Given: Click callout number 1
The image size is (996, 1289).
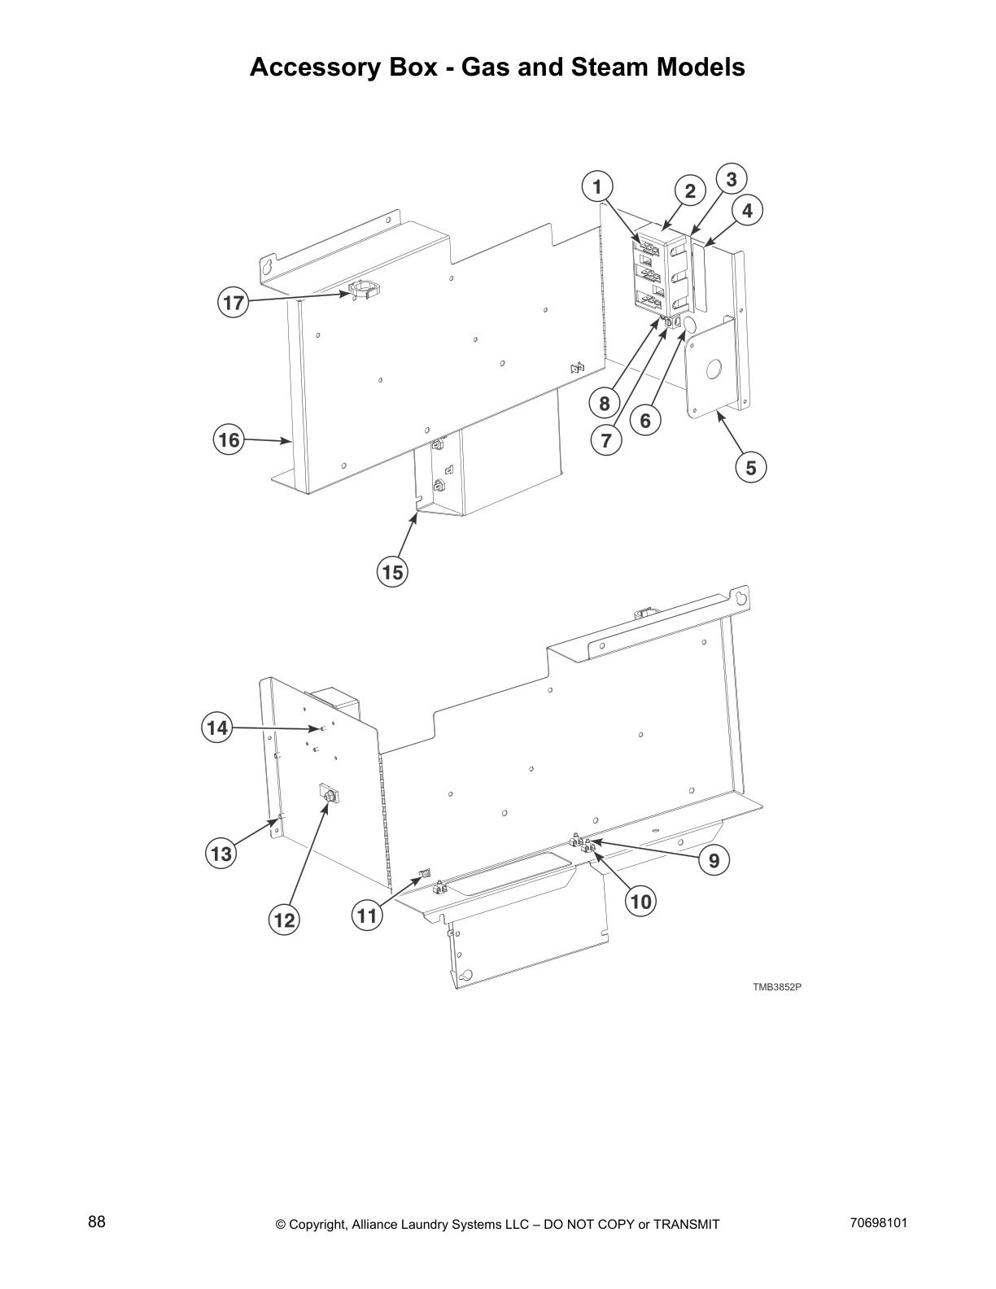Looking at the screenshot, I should [x=597, y=187].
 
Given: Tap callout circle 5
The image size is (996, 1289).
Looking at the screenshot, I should [x=751, y=468].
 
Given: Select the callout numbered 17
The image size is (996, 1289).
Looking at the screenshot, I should [x=233, y=304].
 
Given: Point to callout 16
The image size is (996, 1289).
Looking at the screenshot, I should [x=229, y=440].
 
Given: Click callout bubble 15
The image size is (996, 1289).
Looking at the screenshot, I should [x=392, y=572].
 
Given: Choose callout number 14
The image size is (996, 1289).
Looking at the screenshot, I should [x=216, y=728].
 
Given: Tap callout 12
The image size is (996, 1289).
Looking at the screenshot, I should [x=284, y=920].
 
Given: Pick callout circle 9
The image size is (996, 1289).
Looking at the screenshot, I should [x=714, y=861].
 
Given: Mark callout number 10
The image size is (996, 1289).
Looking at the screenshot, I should [x=640, y=902].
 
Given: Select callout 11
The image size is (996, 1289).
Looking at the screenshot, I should [x=367, y=916].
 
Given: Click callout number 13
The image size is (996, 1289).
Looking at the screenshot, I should [x=221, y=854].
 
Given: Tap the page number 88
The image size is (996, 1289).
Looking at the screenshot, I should [x=97, y=1221].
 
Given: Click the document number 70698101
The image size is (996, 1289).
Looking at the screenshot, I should [x=878, y=1222].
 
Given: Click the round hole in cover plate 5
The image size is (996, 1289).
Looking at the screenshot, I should [x=714, y=370].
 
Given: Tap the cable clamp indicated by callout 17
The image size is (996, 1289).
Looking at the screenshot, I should [x=365, y=290].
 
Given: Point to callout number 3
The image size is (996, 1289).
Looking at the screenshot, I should [x=731, y=179].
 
